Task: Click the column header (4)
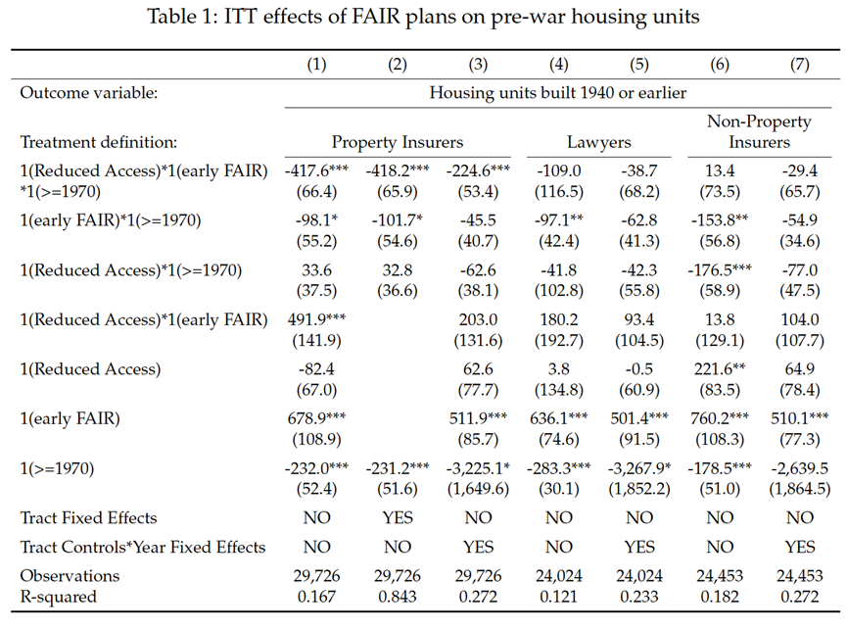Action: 558,65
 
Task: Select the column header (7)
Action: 799,65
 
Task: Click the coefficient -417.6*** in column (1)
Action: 316,170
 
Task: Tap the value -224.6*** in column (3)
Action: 478,170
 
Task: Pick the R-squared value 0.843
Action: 397,597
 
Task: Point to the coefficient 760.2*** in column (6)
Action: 720,418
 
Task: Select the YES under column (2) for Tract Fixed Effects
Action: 397,517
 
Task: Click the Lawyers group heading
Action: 598,142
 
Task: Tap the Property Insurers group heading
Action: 397,142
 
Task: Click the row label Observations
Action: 70,575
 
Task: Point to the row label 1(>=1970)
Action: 57,468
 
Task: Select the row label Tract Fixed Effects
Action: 88,517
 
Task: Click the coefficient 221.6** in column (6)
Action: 720,369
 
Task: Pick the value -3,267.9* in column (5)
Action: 639,468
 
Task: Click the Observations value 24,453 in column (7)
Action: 799,575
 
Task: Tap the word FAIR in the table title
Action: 376,17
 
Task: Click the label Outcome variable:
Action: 88,93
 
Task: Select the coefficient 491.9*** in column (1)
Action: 316,319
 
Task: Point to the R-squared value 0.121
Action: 558,597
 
